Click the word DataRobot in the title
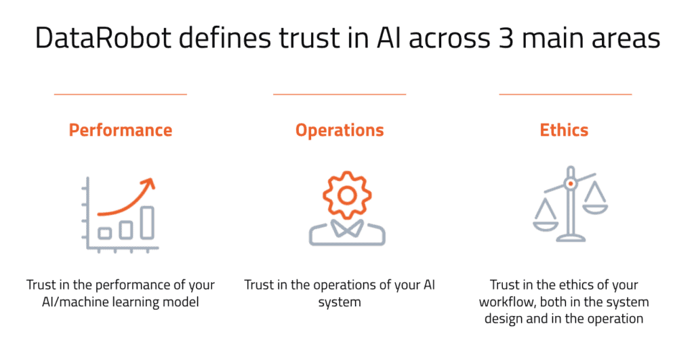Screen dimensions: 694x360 [x=103, y=38]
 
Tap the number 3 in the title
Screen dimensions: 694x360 [x=505, y=38]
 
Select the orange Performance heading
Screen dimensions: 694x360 [x=121, y=130]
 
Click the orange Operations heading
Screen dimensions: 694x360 [x=340, y=131]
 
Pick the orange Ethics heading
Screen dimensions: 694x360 [x=564, y=130]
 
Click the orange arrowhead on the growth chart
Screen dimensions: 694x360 [x=149, y=184]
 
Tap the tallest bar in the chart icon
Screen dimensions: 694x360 [x=147, y=223]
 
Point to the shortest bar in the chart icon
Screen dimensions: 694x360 [x=104, y=233]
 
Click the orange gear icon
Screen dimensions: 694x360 [x=347, y=195]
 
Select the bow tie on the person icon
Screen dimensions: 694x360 [x=347, y=228]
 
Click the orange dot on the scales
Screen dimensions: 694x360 [x=571, y=183]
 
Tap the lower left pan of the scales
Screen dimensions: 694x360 [x=546, y=226]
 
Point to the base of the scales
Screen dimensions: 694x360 [x=571, y=239]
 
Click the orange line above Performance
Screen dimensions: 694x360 [x=121, y=94]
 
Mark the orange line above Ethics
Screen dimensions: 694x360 [x=565, y=94]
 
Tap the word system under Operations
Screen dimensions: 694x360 [x=340, y=302]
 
